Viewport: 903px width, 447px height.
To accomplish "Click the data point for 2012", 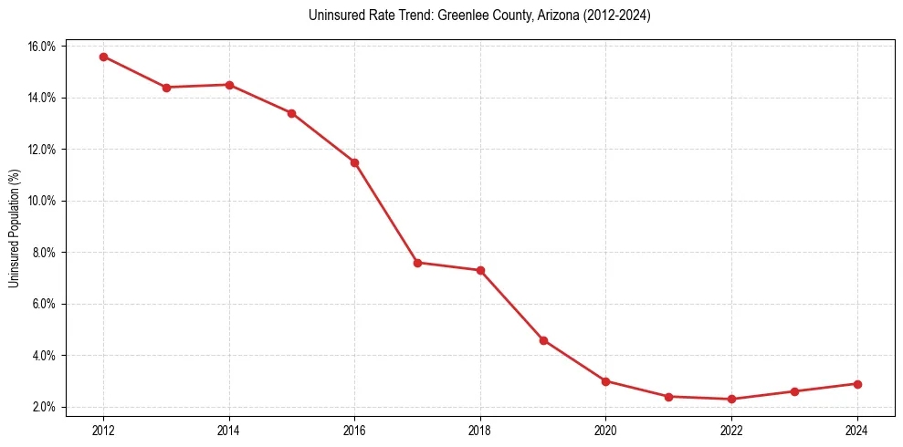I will [103, 57].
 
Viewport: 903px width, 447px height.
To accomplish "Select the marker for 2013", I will [166, 88].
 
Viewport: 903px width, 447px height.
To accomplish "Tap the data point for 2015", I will [291, 113].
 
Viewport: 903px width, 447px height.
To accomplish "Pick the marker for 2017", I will [417, 263].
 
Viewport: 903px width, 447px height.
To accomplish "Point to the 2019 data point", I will [543, 340].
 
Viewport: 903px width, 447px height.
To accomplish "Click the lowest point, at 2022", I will [731, 399].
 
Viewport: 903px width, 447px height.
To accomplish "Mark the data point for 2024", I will [856, 384].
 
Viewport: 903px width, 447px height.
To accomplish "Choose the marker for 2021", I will [668, 397].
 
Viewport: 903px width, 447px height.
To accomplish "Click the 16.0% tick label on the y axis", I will [43, 47].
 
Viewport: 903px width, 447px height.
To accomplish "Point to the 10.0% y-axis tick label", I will [43, 201].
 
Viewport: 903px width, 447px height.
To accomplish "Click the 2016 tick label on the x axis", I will [354, 431].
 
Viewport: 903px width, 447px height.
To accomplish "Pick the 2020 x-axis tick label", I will [605, 431].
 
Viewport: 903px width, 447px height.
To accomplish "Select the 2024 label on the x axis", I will [856, 431].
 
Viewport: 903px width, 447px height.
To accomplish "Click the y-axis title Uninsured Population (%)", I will [15, 227].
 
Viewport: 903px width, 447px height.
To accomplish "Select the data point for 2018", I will [480, 270].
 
